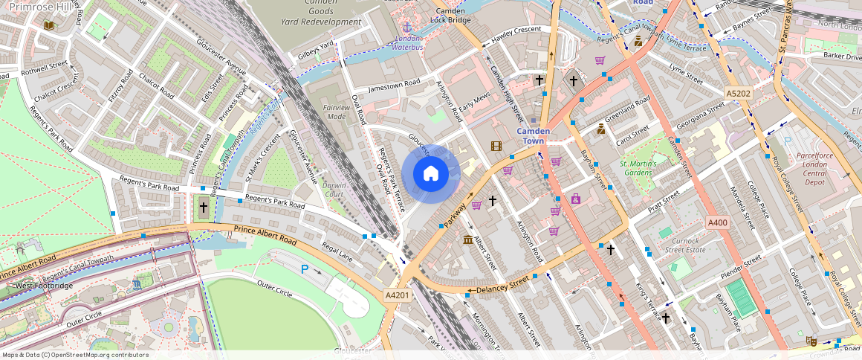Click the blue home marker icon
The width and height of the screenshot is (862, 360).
pyautogui.click(x=430, y=174)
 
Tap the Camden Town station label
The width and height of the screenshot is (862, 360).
pyautogui.click(x=534, y=136)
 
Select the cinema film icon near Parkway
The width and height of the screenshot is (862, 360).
pyautogui.click(x=496, y=146)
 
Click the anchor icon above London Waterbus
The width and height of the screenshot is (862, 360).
pyautogui.click(x=406, y=28)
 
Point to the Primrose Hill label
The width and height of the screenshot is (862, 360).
pyautogui.click(x=41, y=7)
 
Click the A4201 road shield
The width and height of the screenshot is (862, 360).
pyautogui.click(x=398, y=295)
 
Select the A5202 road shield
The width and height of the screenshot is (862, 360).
pyautogui.click(x=738, y=93)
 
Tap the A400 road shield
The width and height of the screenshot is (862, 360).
pyautogui.click(x=718, y=222)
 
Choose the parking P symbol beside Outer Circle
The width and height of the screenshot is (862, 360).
pyautogui.click(x=304, y=269)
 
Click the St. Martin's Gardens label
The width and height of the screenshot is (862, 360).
pyautogui.click(x=635, y=168)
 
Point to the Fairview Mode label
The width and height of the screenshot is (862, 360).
pyautogui.click(x=337, y=112)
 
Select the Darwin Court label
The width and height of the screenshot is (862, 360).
pyautogui.click(x=334, y=190)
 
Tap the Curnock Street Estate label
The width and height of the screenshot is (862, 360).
pyautogui.click(x=685, y=245)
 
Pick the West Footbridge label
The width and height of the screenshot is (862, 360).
pyautogui.click(x=44, y=286)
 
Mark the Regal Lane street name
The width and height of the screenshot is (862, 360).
pyautogui.click(x=337, y=250)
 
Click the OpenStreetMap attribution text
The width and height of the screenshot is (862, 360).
pyautogui.click(x=75, y=355)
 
